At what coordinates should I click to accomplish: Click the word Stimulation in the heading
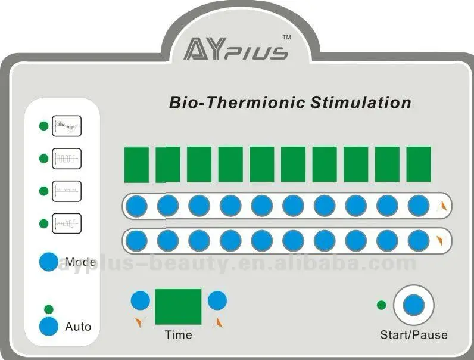point(361,103)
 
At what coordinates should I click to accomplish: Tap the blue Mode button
point(48,262)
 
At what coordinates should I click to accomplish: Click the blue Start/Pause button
point(413,305)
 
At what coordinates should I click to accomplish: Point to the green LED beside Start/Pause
point(382,305)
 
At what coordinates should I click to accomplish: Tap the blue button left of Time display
point(141,300)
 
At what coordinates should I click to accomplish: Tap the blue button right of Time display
point(217,300)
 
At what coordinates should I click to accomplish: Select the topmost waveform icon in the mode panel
point(66,126)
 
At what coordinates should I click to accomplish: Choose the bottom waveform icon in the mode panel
point(66,224)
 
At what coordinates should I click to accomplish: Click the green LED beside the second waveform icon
point(43,159)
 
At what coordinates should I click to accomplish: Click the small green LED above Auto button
point(49,309)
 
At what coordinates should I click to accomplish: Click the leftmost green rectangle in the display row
point(136,165)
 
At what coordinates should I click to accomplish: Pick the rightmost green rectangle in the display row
point(419,165)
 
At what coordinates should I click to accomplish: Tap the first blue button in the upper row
point(136,206)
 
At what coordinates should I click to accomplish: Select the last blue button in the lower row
point(419,240)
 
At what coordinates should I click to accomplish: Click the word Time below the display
point(178,335)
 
